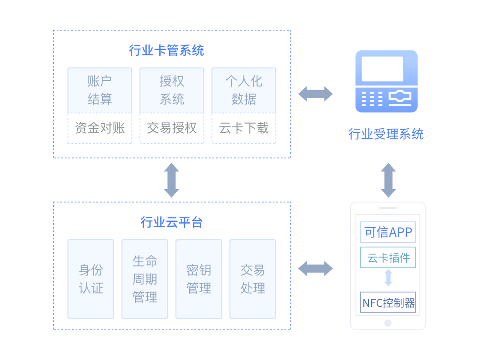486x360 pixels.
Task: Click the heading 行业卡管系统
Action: click(166, 50)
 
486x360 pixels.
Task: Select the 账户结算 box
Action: click(100, 90)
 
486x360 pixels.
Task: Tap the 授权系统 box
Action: click(172, 90)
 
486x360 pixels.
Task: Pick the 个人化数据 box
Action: click(244, 90)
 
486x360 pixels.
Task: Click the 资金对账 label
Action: click(100, 128)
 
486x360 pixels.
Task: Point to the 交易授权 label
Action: click(172, 128)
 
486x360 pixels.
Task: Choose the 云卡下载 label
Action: click(244, 128)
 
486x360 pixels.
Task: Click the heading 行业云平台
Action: click(171, 222)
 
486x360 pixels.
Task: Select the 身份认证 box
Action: click(91, 279)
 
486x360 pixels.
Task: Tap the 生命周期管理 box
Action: click(145, 279)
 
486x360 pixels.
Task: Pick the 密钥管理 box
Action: click(199, 279)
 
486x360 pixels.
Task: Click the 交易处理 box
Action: click(253, 279)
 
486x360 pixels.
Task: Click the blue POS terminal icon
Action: click(387, 81)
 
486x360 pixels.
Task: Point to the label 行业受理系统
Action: click(386, 134)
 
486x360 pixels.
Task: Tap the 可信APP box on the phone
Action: click(388, 232)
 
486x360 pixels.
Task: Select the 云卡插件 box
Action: click(388, 257)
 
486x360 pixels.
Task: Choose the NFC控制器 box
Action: click(388, 302)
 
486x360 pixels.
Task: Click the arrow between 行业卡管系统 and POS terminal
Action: click(315, 94)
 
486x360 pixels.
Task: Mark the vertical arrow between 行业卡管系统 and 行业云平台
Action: click(171, 180)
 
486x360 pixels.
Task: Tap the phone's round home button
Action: click(388, 323)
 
